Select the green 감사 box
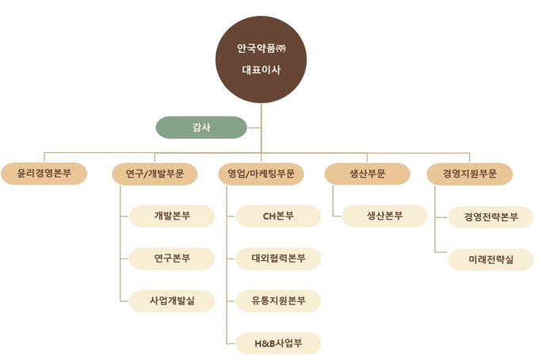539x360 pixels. pyautogui.click(x=201, y=127)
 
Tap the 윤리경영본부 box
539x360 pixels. pyautogui.click(x=44, y=174)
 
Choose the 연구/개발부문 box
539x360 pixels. pyautogui.click(x=155, y=174)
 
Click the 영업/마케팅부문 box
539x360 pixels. pyautogui.click(x=262, y=174)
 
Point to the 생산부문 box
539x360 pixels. pyautogui.click(x=367, y=174)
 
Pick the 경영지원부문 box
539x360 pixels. pyautogui.click(x=470, y=174)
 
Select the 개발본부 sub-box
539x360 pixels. pyautogui.click(x=172, y=216)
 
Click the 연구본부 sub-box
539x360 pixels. pyautogui.click(x=172, y=258)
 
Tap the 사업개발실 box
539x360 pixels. pyautogui.click(x=172, y=301)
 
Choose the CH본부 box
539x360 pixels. pyautogui.click(x=278, y=216)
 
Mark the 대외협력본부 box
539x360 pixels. pyautogui.click(x=278, y=258)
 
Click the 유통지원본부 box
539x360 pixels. pyautogui.click(x=278, y=301)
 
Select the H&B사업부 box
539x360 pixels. pyautogui.click(x=278, y=343)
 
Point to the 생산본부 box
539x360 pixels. pyautogui.click(x=384, y=216)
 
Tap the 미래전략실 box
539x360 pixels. pyautogui.click(x=491, y=259)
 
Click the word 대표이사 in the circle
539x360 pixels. pyautogui.click(x=261, y=69)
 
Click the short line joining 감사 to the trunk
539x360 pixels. pyautogui.click(x=254, y=127)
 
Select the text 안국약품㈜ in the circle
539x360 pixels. pyautogui.click(x=261, y=48)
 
